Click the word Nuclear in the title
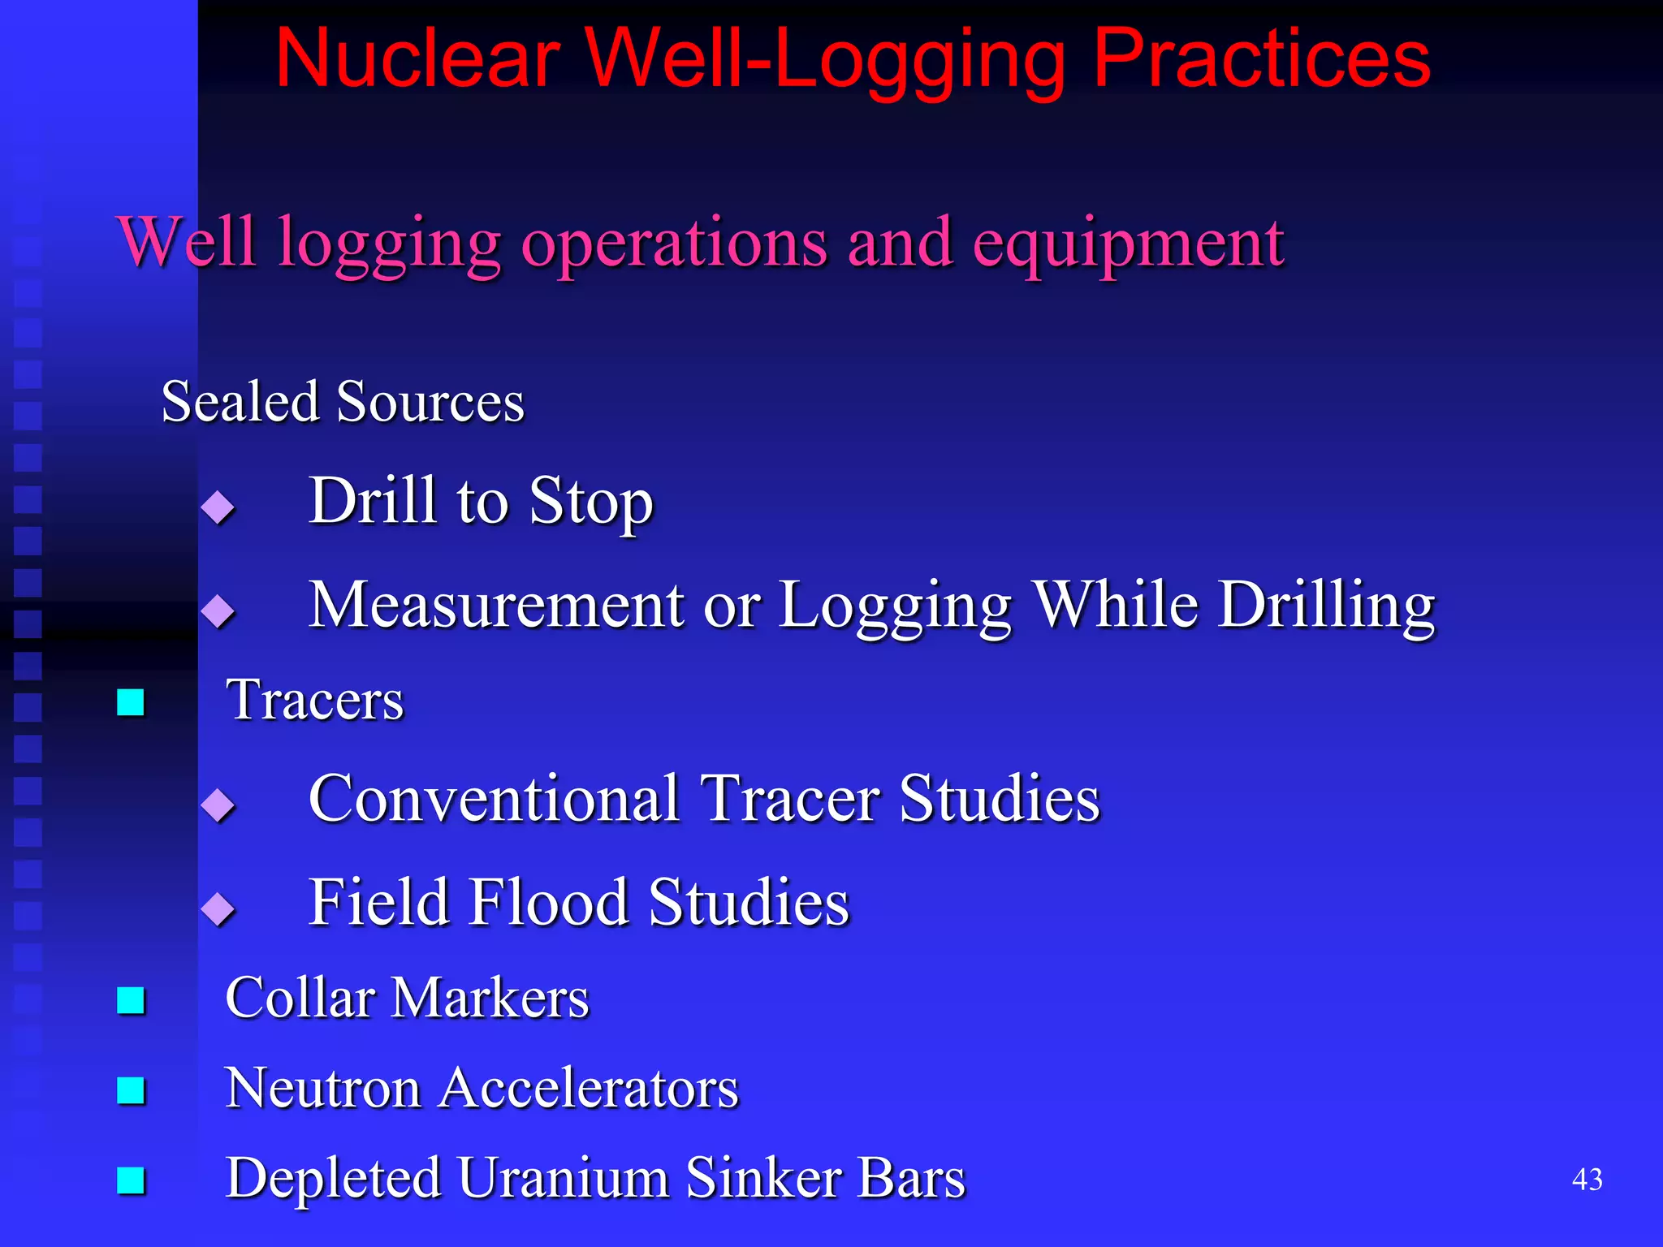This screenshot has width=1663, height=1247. pos(417,58)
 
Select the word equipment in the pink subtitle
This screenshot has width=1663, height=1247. pos(1128,244)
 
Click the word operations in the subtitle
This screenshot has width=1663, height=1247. pos(674,244)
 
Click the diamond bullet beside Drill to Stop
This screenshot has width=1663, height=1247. pos(218,507)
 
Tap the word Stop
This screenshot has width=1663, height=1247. pos(590,502)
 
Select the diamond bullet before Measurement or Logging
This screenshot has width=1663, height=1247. pos(218,611)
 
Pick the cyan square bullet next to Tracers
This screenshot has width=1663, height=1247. pos(131,702)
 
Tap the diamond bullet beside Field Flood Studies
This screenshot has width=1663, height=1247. pos(218,908)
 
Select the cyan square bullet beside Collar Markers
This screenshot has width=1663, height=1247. pos(131,1000)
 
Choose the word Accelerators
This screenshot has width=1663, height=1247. pos(589,1088)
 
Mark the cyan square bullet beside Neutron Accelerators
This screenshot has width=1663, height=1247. pos(131,1090)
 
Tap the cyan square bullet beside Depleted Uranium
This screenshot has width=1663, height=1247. pos(131,1180)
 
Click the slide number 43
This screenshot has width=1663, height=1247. pos(1587,1180)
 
